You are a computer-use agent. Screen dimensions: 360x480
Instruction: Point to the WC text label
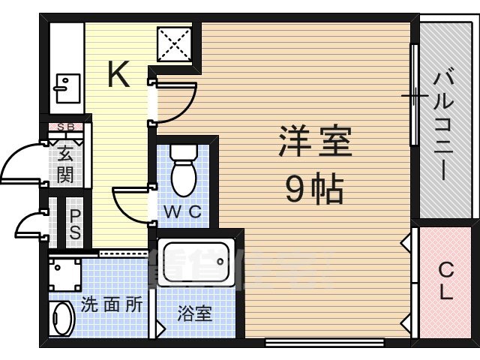coord(182,212)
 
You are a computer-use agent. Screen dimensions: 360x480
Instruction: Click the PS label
coord(76,224)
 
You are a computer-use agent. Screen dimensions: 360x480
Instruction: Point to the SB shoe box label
coord(66,127)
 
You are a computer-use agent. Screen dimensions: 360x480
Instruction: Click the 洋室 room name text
coord(315,142)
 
